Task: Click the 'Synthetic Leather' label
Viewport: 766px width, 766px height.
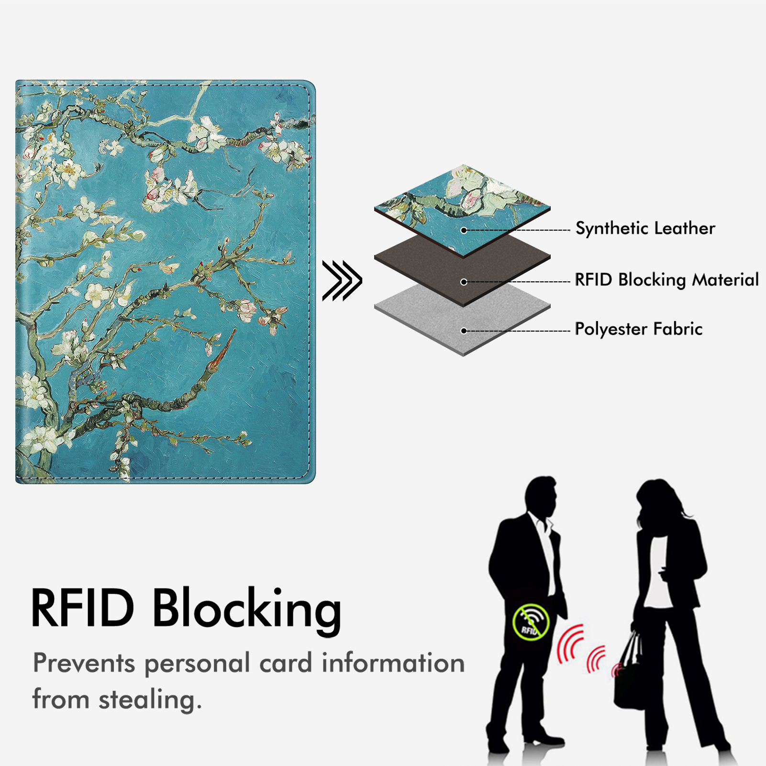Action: (645, 228)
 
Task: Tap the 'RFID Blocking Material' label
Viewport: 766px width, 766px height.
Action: (666, 279)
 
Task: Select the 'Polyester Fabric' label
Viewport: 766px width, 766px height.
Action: (638, 329)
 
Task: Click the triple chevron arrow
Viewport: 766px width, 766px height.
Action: (342, 281)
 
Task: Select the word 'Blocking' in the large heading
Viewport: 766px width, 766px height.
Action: (247, 611)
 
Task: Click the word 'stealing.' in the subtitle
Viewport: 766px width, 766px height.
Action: (150, 700)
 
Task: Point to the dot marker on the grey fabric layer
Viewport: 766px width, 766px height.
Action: (464, 331)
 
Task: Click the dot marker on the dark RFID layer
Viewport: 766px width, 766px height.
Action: (464, 282)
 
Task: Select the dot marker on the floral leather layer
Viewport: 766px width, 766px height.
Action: (464, 230)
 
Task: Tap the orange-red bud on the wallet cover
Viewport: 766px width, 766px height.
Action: (221, 352)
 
